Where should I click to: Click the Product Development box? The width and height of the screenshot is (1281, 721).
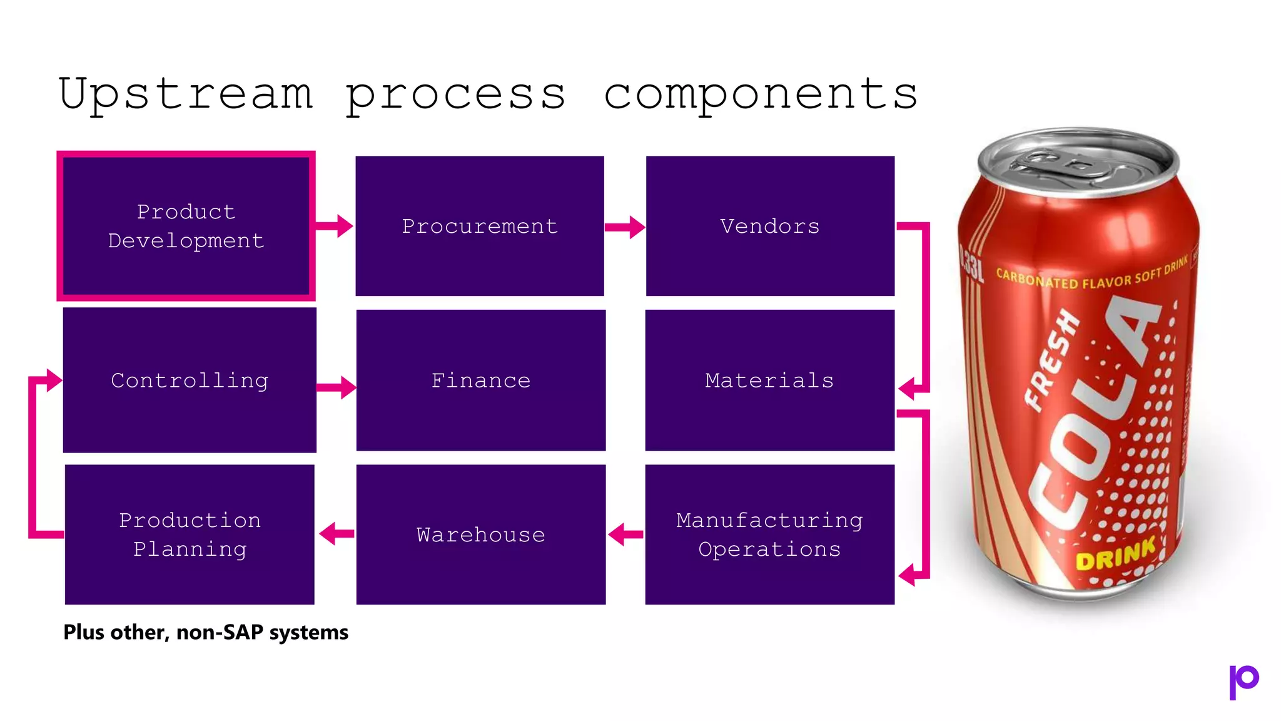186,226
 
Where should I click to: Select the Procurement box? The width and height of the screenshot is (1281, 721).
480,226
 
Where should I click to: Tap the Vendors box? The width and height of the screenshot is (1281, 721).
770,226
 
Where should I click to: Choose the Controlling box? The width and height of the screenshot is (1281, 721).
190,380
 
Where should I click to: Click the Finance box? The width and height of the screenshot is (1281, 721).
481,380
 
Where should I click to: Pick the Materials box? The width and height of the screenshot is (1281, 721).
770,380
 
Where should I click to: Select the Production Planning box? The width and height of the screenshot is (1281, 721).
190,534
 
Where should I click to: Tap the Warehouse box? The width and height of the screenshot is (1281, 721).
481,534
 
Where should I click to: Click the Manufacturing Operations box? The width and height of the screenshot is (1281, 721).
770,534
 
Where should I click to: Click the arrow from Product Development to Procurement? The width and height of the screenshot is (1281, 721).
335,226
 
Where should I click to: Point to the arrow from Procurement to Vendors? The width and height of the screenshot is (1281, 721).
625,227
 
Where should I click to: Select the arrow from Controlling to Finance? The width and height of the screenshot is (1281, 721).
337,387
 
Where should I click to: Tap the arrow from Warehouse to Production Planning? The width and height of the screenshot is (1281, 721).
337,534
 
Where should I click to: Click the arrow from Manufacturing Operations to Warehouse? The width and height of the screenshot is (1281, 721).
625,534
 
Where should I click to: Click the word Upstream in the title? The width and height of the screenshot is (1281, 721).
186,94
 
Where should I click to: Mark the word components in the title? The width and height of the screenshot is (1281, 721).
761,94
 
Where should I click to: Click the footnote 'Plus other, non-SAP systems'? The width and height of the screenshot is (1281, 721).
206,632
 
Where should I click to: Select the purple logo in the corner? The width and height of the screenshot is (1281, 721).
1243,681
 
